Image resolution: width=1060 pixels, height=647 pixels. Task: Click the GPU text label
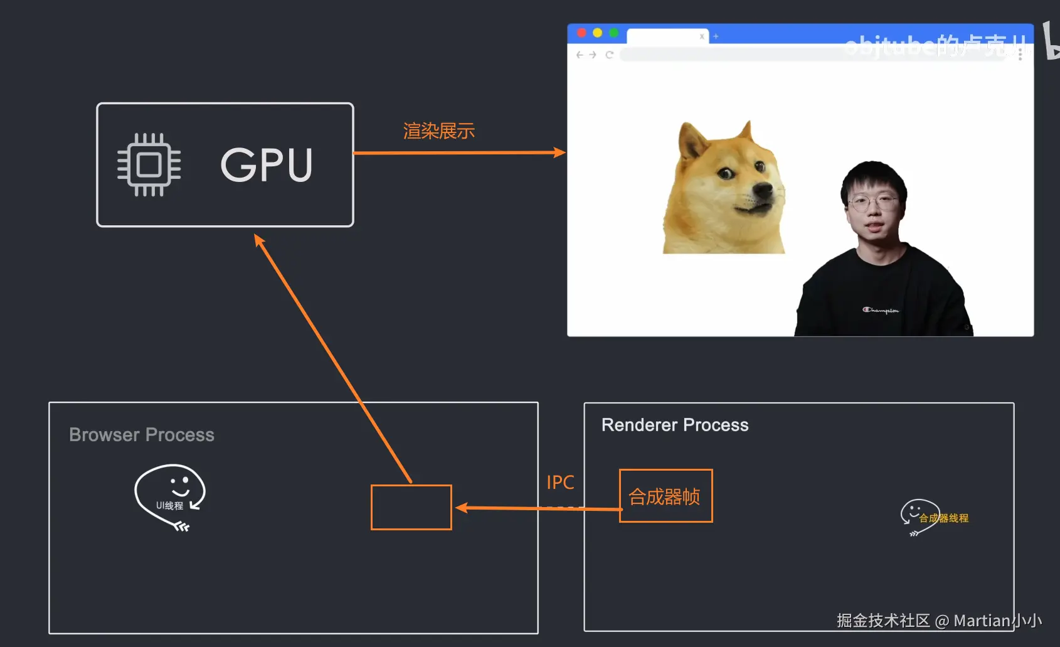[x=267, y=164]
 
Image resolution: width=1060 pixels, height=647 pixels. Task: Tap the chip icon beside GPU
[x=149, y=164]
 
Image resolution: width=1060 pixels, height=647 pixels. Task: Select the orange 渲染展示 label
[x=438, y=131]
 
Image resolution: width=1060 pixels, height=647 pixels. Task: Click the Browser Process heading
[x=142, y=435]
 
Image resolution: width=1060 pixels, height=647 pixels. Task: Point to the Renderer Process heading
[x=675, y=425]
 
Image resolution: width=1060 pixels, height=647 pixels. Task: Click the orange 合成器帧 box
[x=665, y=496]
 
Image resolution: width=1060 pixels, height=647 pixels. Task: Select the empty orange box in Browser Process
[x=411, y=507]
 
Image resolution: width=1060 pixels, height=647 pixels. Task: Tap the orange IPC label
[x=560, y=482]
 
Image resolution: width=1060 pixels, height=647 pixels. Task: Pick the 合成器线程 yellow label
[x=944, y=518]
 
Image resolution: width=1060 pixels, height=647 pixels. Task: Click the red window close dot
[x=581, y=33]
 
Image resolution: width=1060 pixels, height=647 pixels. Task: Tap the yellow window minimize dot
[x=597, y=33]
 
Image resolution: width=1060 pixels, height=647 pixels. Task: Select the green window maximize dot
[x=613, y=33]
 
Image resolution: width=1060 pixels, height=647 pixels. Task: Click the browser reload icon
[x=609, y=55]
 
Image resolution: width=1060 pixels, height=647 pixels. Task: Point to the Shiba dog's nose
[x=765, y=190]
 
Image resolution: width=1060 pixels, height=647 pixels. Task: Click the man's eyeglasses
[x=872, y=202]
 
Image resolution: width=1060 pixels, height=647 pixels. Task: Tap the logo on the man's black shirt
[x=881, y=310]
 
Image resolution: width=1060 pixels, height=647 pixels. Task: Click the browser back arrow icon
[x=580, y=55]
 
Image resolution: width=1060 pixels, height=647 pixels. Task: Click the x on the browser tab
[x=702, y=36]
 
